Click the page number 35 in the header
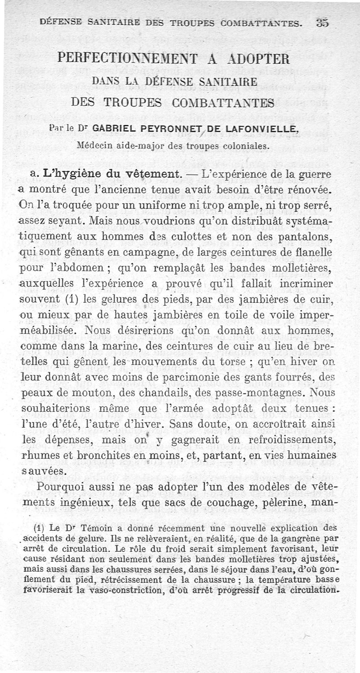(322, 22)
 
